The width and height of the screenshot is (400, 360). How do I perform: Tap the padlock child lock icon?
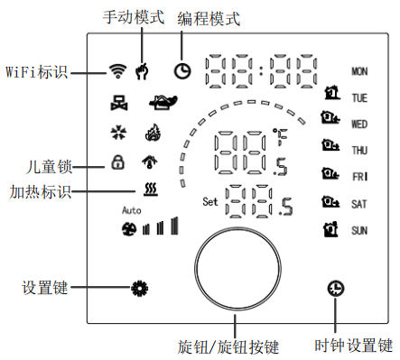(x=116, y=163)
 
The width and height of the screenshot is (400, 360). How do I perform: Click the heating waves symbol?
(x=150, y=190)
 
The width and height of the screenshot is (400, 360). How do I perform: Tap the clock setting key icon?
(x=335, y=289)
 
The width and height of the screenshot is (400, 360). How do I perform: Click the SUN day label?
(x=358, y=231)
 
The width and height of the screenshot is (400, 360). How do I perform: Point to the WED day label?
(x=358, y=124)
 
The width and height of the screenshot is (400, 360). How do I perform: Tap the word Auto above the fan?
(x=132, y=209)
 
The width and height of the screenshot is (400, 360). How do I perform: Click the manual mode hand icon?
(x=142, y=70)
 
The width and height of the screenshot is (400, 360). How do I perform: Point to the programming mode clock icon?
(x=183, y=70)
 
